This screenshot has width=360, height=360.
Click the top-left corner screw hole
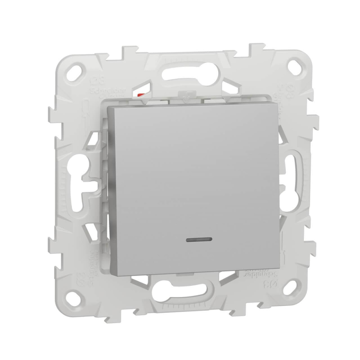pyautogui.click(x=79, y=69)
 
